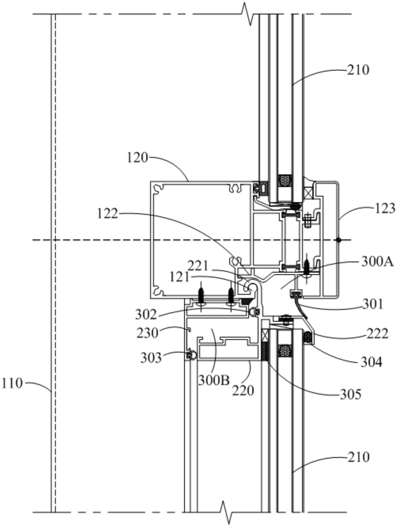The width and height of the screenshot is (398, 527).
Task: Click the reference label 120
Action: click(137, 158)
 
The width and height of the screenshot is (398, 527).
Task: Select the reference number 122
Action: click(107, 214)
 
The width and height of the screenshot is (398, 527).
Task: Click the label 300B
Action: click(214, 380)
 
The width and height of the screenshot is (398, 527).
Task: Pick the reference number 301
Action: click(373, 304)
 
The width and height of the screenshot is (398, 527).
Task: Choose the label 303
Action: click(151, 358)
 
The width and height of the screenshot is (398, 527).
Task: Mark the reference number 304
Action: click(371, 363)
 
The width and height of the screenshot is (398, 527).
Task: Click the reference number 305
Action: click(350, 394)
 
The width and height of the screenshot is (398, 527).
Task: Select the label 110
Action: click(12, 383)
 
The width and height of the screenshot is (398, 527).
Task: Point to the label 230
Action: click(147, 333)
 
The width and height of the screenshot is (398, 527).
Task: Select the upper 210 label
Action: click(358, 70)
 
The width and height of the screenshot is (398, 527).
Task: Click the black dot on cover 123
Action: click(339, 240)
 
